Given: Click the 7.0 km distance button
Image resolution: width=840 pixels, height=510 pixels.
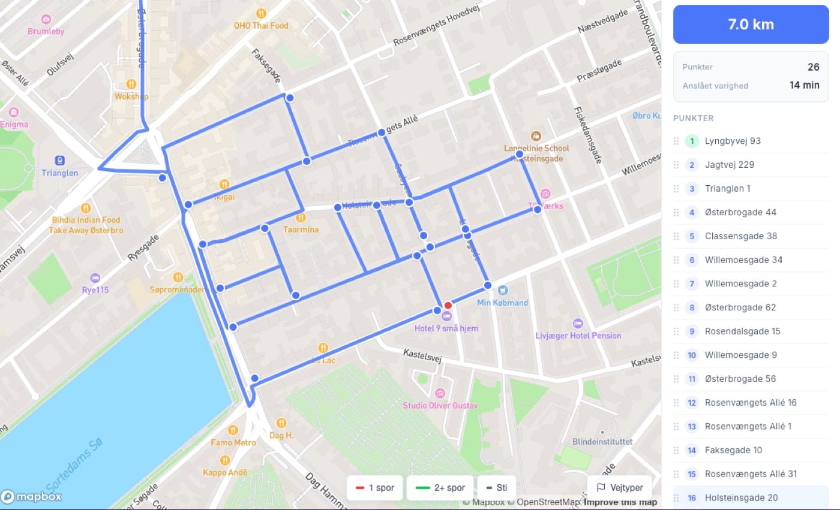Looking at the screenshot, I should click(x=751, y=25).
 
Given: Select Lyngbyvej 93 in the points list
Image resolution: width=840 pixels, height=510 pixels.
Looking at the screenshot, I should click(x=733, y=141).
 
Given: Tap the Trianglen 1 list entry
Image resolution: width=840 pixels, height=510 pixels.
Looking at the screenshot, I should click(x=727, y=189).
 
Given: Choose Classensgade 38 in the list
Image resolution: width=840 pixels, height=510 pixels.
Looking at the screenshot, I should click(x=740, y=236).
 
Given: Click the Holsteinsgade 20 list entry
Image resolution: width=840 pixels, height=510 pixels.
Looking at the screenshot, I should click(x=741, y=497).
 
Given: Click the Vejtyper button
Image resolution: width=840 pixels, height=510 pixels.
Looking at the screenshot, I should click(x=620, y=488).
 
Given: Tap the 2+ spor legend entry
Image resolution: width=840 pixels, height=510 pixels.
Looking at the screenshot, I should click(x=440, y=488).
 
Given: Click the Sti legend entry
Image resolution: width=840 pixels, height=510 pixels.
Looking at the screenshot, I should click(x=496, y=488).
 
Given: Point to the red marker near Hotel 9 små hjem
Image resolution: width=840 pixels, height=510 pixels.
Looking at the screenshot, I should click(x=448, y=306).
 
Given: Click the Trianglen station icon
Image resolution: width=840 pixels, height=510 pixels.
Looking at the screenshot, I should click(x=60, y=160).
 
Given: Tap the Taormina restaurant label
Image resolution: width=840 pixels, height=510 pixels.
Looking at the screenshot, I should click(x=301, y=229).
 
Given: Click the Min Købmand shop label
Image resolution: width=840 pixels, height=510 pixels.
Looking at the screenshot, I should click(x=503, y=302).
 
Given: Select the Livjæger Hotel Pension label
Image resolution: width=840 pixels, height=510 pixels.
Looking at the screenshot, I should click(x=578, y=335).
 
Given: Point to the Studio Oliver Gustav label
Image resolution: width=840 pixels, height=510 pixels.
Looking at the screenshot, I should click(x=440, y=406).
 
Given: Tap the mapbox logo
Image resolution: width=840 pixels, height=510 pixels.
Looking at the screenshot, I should click(x=31, y=496).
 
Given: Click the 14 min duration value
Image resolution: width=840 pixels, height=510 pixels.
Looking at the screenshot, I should click(x=804, y=85).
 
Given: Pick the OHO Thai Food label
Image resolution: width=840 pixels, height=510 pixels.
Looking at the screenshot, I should click(x=261, y=25).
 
